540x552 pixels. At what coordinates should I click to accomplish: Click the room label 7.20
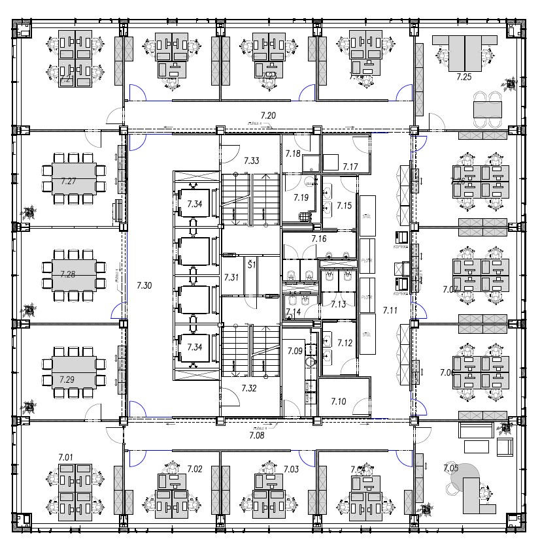click(268, 116)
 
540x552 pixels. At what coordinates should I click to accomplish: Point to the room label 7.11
click(390, 310)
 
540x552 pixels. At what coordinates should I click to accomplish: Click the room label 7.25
click(464, 77)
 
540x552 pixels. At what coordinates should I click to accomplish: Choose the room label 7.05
click(451, 467)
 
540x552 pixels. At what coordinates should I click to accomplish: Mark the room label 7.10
click(338, 401)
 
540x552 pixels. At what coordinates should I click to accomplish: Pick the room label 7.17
click(350, 167)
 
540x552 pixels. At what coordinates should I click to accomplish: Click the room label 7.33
click(252, 160)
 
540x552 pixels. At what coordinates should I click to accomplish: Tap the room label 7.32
click(249, 388)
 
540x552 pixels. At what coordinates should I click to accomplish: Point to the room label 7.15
click(344, 206)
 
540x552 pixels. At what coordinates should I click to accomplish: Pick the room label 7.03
click(291, 469)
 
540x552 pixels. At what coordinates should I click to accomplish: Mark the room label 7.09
click(295, 351)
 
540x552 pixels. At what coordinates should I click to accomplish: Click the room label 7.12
click(345, 343)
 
